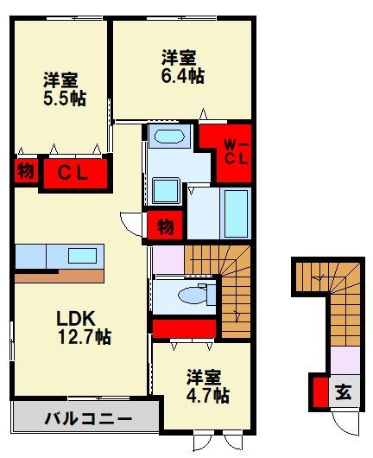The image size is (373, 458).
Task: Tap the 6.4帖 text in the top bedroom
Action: click(180, 75)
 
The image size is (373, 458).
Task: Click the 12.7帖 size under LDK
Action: click(84, 335)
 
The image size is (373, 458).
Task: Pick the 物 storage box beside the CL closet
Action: click(26, 171)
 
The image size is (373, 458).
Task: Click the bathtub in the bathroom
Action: click(235, 212)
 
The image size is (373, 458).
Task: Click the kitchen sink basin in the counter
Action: click(84, 256)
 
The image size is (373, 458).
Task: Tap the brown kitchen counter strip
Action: click(59, 277)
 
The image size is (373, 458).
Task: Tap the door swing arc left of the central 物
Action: click(132, 223)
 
